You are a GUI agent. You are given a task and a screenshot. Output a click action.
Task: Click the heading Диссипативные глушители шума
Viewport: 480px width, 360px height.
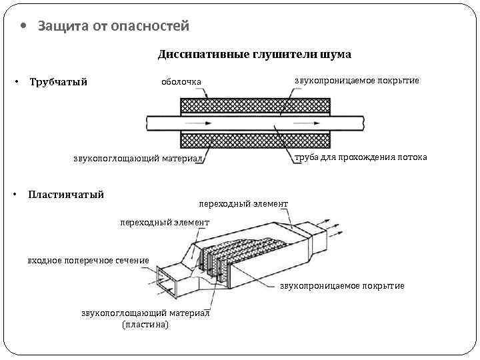tap(254, 54)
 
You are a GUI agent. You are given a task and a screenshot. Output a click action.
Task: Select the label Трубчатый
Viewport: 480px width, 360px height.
tap(59, 82)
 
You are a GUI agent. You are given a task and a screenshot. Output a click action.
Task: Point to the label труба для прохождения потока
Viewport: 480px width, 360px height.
tap(361, 157)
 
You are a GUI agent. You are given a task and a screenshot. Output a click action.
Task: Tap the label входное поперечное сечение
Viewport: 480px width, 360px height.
tap(88, 260)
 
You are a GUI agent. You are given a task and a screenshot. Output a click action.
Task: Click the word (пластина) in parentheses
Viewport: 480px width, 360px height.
tap(145, 324)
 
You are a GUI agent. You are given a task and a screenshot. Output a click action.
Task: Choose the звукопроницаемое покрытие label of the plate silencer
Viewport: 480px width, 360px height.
tap(342, 286)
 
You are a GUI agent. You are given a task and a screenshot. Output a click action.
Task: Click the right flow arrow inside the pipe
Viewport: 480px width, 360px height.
tap(287, 123)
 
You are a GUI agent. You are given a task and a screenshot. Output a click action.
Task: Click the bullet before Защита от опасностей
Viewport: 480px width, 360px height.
tap(24, 27)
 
